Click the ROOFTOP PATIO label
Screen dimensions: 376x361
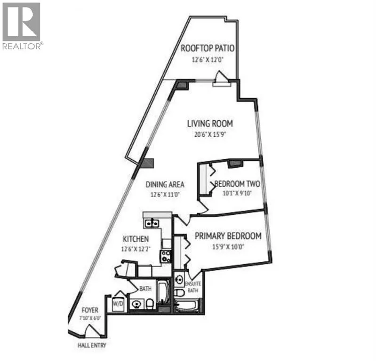208,48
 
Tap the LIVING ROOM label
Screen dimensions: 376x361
210,124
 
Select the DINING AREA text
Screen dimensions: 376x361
165,184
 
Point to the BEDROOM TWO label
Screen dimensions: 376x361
237,184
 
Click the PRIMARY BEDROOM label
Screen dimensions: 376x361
228,236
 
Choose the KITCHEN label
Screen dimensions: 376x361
136,239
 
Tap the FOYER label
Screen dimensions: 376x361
90,310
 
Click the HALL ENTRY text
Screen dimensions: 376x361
92,345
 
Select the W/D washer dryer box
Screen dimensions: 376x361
118,304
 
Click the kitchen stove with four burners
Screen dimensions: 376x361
166,256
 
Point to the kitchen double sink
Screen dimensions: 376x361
152,223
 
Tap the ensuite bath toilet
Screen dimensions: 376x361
179,292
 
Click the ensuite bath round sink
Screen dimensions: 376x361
179,279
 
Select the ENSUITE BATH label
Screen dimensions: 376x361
193,287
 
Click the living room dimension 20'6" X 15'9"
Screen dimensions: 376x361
210,134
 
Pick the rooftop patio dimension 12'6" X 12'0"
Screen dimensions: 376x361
208,60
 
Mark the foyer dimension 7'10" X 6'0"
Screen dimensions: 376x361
90,318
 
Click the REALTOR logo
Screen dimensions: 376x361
22,26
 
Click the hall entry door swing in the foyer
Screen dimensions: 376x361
94,331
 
